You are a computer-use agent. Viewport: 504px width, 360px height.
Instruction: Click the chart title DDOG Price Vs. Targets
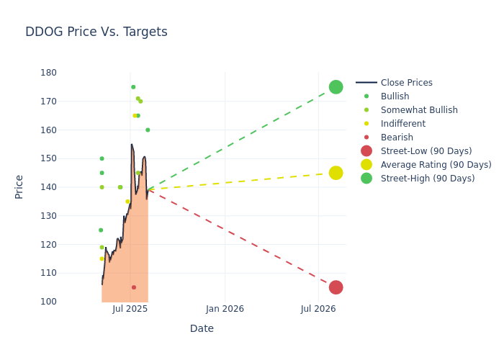tap(96, 32)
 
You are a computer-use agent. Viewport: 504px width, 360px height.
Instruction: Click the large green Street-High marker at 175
tap(336, 87)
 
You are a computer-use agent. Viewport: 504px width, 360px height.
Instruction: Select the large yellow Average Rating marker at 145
tap(336, 173)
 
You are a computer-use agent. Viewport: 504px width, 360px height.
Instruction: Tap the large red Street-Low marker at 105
tap(336, 287)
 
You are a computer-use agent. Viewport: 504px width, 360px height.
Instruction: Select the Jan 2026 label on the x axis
tap(225, 309)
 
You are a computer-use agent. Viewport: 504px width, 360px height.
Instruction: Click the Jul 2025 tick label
tap(130, 309)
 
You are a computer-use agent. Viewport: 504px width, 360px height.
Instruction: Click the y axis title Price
tap(19, 186)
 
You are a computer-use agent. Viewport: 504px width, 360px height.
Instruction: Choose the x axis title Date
tap(202, 329)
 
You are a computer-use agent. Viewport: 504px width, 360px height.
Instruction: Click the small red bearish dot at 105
tap(134, 287)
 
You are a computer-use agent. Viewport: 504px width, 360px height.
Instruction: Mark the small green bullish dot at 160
tap(148, 130)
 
